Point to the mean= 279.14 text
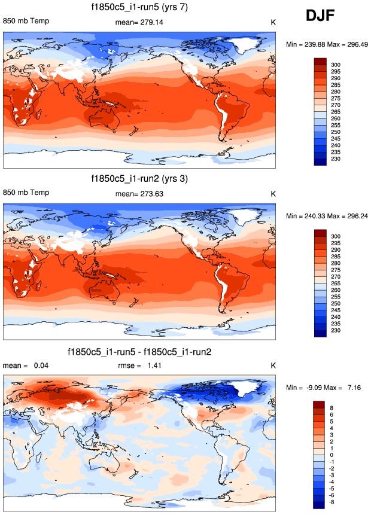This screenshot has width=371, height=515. [139, 23]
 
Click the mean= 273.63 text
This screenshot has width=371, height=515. [139, 194]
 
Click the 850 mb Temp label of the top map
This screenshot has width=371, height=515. [26, 21]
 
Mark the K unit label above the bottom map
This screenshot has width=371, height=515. [273, 365]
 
